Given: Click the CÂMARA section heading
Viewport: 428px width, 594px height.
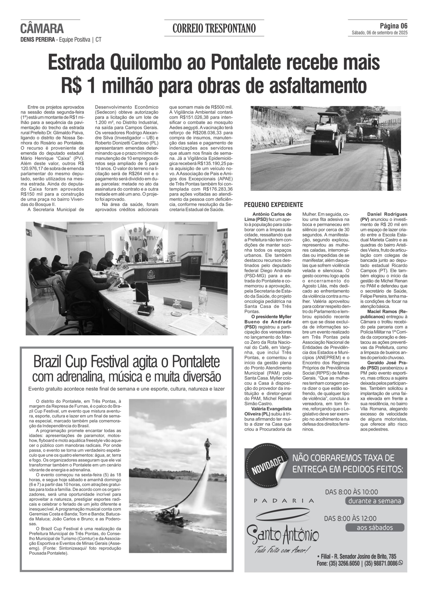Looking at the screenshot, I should coord(42,29).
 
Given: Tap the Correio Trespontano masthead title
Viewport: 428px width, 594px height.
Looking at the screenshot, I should coord(214,28).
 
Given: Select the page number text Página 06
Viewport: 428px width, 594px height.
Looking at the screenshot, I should coord(393,26).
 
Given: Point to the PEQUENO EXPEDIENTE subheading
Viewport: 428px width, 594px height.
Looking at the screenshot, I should coord(273,205).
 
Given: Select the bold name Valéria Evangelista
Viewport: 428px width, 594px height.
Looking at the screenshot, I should coord(271,409).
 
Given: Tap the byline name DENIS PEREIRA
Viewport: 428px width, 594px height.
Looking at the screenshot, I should coord(37,40).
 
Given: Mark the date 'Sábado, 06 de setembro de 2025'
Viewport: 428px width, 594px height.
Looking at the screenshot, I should coord(379,33).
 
